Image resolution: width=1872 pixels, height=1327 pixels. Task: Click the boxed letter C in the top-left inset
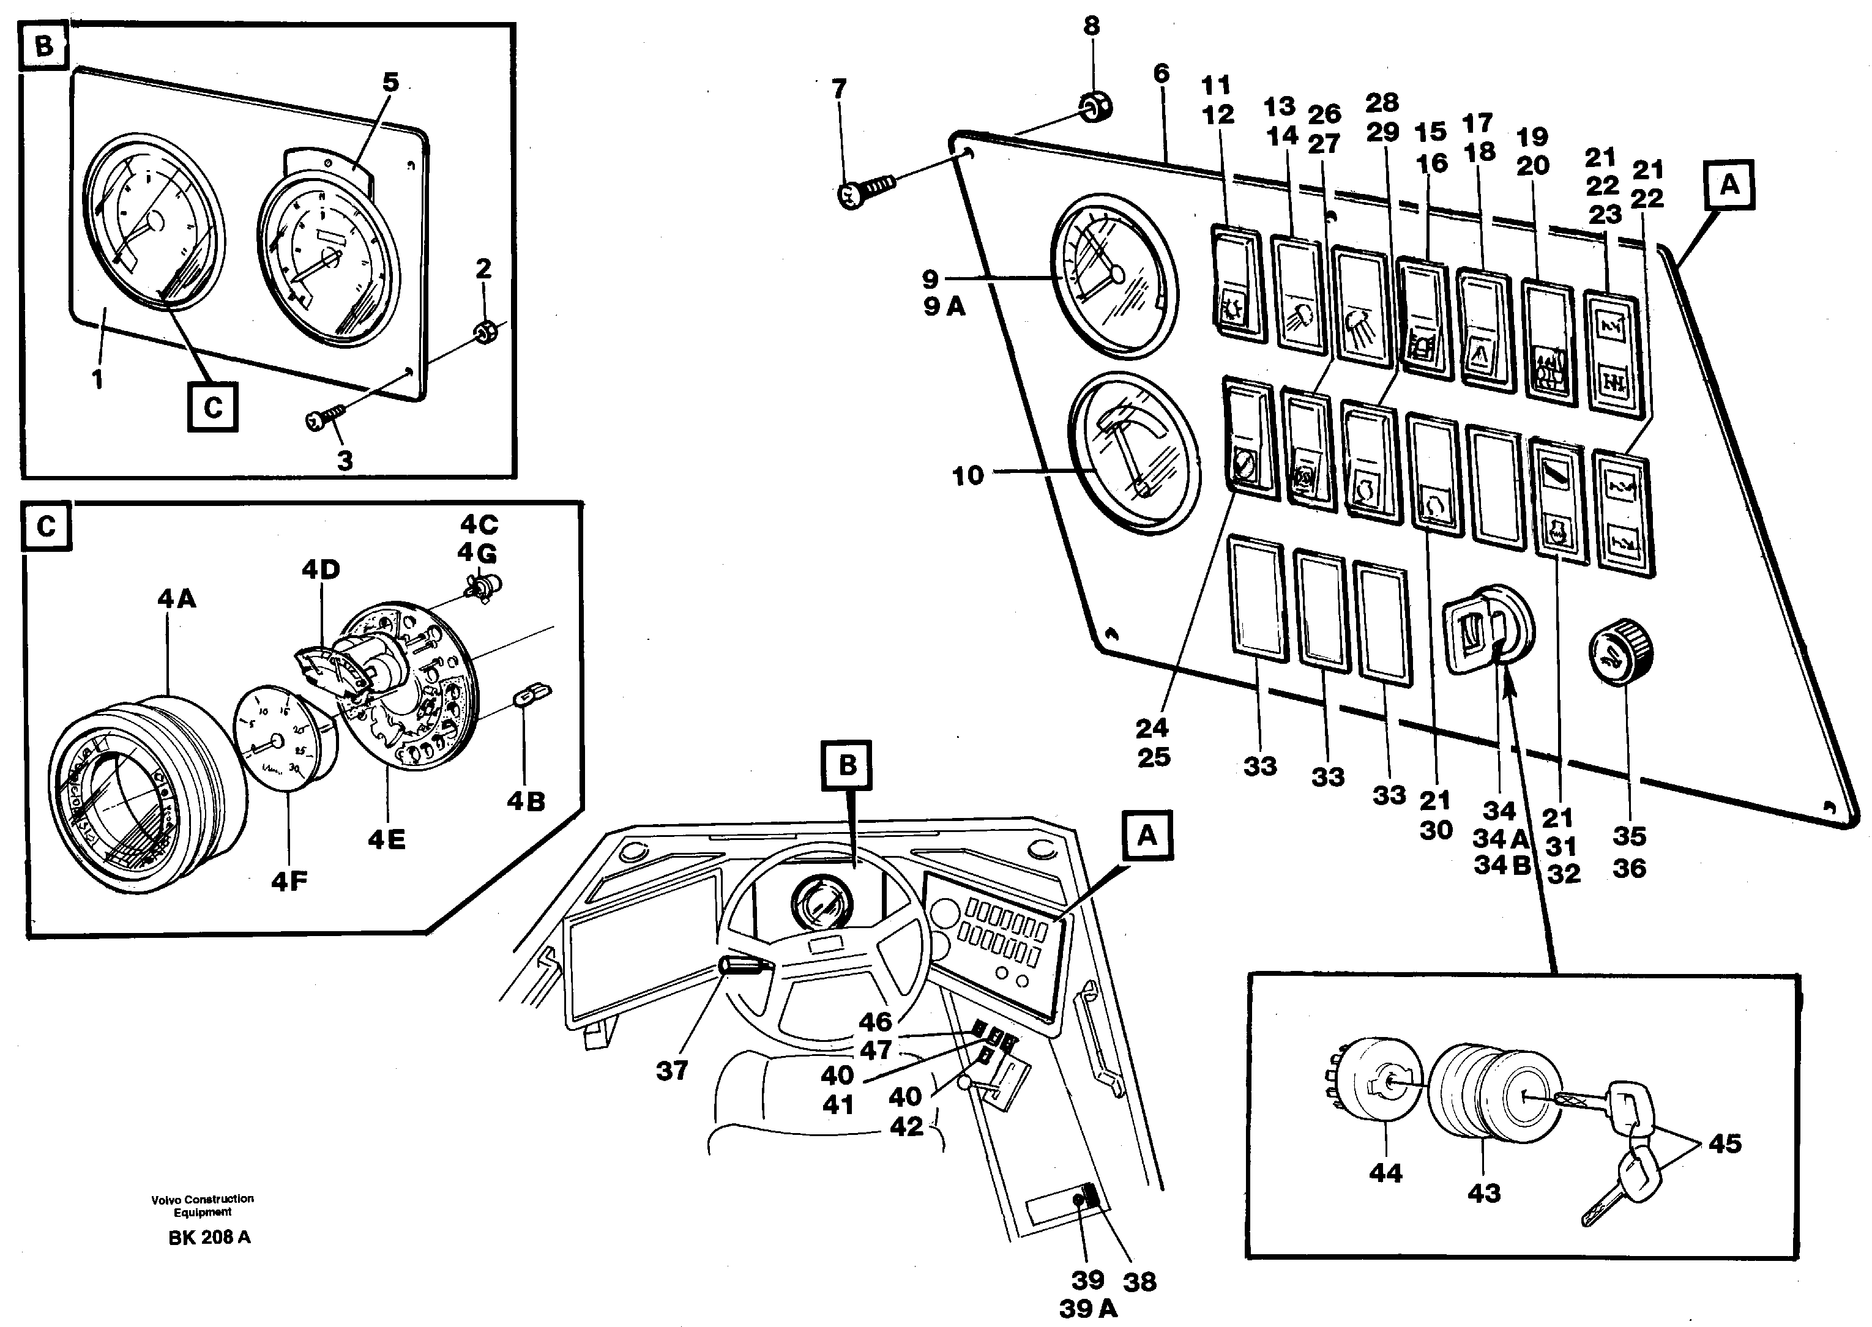[x=212, y=407]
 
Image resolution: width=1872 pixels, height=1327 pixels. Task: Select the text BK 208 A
[x=209, y=1237]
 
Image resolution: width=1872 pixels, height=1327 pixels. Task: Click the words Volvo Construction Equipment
[x=203, y=1205]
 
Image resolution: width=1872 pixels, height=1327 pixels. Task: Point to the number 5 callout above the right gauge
[x=390, y=82]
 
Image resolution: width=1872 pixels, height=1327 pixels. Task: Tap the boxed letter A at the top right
[x=1729, y=185]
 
